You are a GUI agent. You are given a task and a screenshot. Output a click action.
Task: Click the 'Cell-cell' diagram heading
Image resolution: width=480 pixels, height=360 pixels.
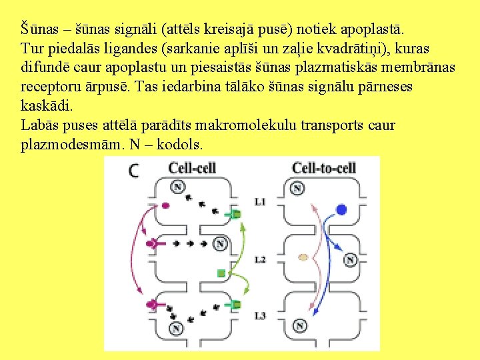[192, 167]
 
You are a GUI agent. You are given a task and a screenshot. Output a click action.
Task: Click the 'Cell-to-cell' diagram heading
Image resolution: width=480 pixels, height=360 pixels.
[324, 167]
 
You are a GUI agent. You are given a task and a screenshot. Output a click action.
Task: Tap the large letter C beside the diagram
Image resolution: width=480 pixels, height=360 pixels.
[135, 171]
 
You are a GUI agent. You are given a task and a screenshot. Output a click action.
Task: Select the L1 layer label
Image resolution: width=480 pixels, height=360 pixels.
[260, 201]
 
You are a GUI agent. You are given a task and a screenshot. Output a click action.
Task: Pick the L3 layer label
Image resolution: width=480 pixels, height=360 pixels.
[260, 314]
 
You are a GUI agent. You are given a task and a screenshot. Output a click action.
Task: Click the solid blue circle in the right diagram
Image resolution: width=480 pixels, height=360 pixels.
[341, 209]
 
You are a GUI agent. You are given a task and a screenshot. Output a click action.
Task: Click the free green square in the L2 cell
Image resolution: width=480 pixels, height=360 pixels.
[221, 273]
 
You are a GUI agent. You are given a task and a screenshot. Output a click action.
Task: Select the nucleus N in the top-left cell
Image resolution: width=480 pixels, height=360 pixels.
[177, 187]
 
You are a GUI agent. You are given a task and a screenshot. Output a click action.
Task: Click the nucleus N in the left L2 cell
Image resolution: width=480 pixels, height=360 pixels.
[219, 245]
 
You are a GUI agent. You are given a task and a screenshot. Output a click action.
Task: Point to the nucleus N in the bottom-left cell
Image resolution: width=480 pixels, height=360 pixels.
[177, 328]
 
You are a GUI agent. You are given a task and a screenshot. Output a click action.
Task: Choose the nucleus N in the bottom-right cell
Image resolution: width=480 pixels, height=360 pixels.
[300, 326]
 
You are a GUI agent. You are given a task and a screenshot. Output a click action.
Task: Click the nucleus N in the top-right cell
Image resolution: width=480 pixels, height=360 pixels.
[297, 189]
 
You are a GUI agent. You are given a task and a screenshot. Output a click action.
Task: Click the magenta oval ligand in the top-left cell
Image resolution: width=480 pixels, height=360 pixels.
[165, 206]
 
